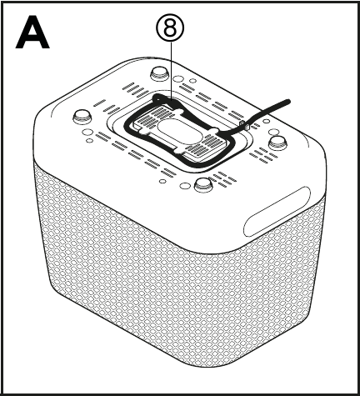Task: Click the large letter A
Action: pos(32,33)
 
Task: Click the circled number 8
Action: pos(170,28)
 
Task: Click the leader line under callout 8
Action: pos(172,71)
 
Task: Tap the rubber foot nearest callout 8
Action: pos(159,73)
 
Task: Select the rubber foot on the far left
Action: pos(82,117)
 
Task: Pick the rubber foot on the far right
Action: pos(278,143)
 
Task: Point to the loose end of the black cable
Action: pos(288,102)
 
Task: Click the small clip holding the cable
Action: pos(244,125)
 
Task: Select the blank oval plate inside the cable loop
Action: pos(177,131)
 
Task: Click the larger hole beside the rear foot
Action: pos(177,78)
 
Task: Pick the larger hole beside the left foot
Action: pos(87,132)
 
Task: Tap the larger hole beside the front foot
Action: pos(184,186)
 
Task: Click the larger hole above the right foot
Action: pos(274,132)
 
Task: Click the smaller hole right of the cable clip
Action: pos(266,121)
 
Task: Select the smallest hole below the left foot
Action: pos(89,140)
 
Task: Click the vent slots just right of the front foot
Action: pos(222,179)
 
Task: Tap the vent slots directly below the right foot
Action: pos(262,156)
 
